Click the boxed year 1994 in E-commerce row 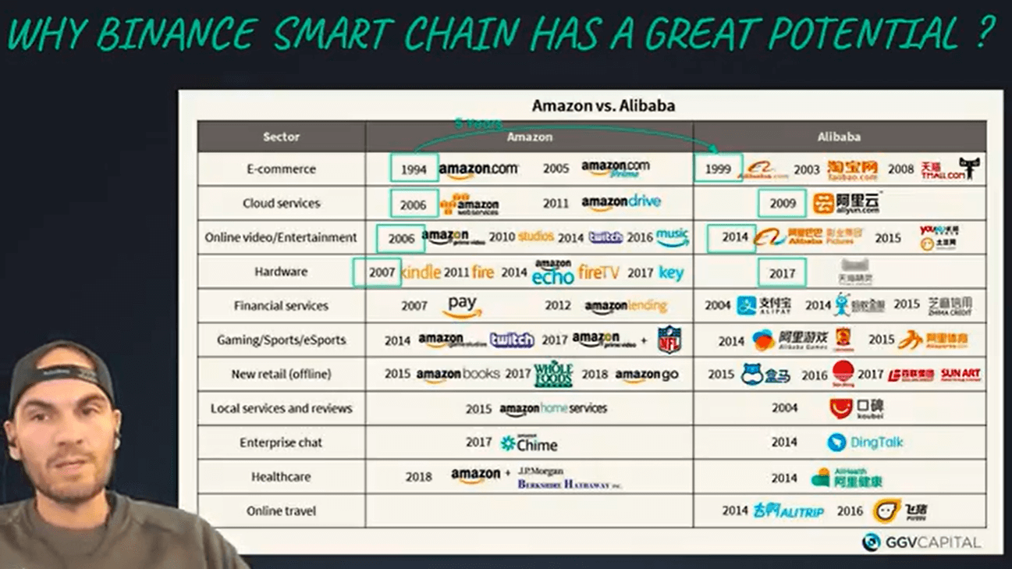click(414, 169)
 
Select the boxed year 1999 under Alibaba click(718, 169)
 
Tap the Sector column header click(281, 137)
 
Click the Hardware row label click(281, 272)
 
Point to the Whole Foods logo click(553, 375)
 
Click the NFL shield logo click(669, 340)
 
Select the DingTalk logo click(866, 443)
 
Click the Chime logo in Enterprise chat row click(529, 443)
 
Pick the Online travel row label click(281, 510)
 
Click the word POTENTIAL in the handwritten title click(863, 34)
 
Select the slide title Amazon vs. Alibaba click(603, 105)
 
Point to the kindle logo click(421, 272)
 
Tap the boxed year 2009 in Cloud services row click(782, 204)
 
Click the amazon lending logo click(626, 306)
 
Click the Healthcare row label click(281, 476)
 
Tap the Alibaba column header click(839, 137)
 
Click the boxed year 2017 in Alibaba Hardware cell click(782, 272)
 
